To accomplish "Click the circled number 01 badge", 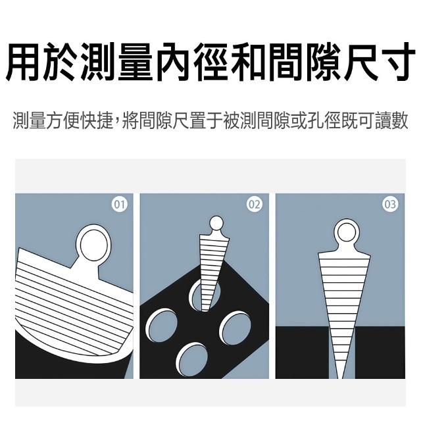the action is pos(120,205).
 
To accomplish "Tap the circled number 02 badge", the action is pos(255,205).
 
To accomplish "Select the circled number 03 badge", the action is pos(390,205).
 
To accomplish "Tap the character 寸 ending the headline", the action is pos(397,61).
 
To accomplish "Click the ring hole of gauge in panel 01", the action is pos(93,245).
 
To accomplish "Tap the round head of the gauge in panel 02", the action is pos(216,223).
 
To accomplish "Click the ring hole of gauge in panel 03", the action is pos(347,232).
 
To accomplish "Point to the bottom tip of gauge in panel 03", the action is pos(342,378).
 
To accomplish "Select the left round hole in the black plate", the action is pos(162,326).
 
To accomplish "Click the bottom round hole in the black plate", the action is pos(192,359).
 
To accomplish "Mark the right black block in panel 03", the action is pos(380,353).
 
